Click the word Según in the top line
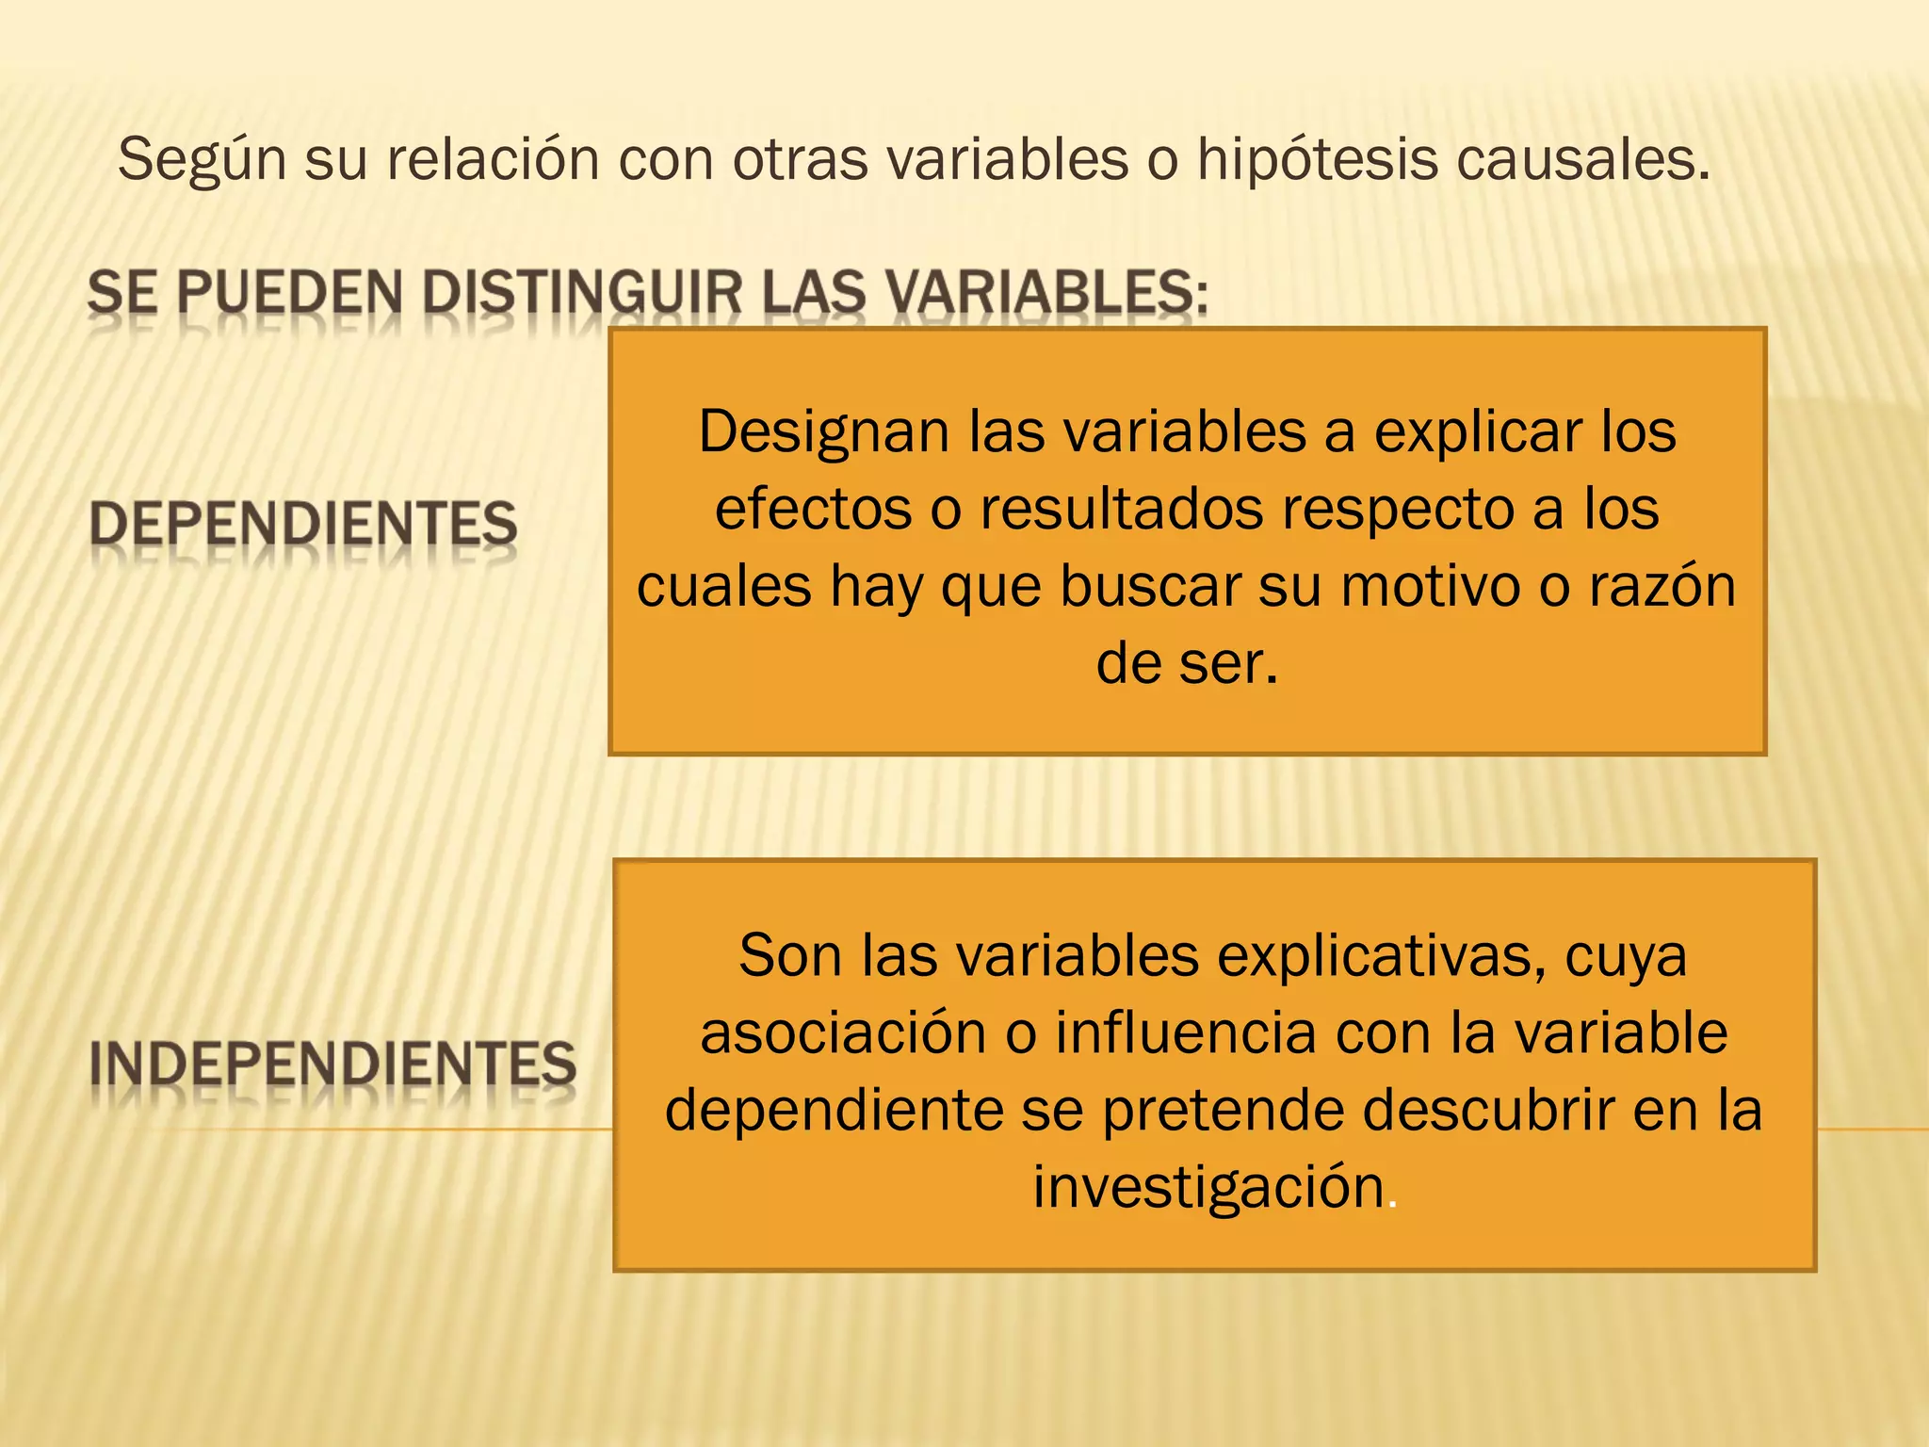(x=202, y=160)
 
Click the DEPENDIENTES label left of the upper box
(x=303, y=524)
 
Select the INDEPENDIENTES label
(x=332, y=1065)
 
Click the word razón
(x=1662, y=586)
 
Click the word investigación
(x=1209, y=1187)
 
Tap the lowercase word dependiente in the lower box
(x=835, y=1110)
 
